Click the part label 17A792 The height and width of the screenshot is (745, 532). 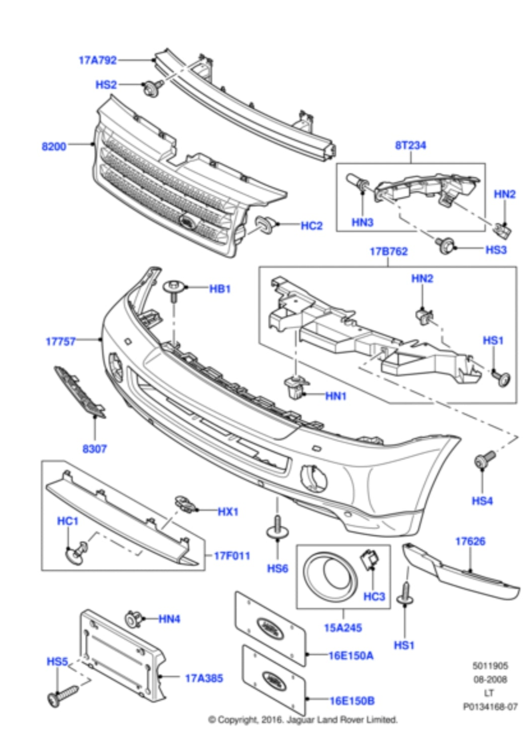(97, 60)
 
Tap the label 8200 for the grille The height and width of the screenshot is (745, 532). (54, 147)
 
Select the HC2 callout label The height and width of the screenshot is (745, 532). (311, 226)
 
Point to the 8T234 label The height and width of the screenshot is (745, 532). (410, 145)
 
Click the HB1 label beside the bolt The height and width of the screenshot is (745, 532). (220, 289)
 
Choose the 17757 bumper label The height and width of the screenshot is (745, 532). (60, 342)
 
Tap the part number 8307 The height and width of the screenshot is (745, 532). (94, 449)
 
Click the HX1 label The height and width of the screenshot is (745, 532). (228, 511)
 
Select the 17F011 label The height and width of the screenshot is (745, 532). (232, 556)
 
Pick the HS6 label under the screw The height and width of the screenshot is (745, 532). (277, 568)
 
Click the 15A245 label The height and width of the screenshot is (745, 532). (343, 627)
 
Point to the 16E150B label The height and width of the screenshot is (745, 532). (352, 700)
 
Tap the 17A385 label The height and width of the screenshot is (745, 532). (204, 678)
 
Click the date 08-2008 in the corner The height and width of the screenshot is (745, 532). (489, 679)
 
